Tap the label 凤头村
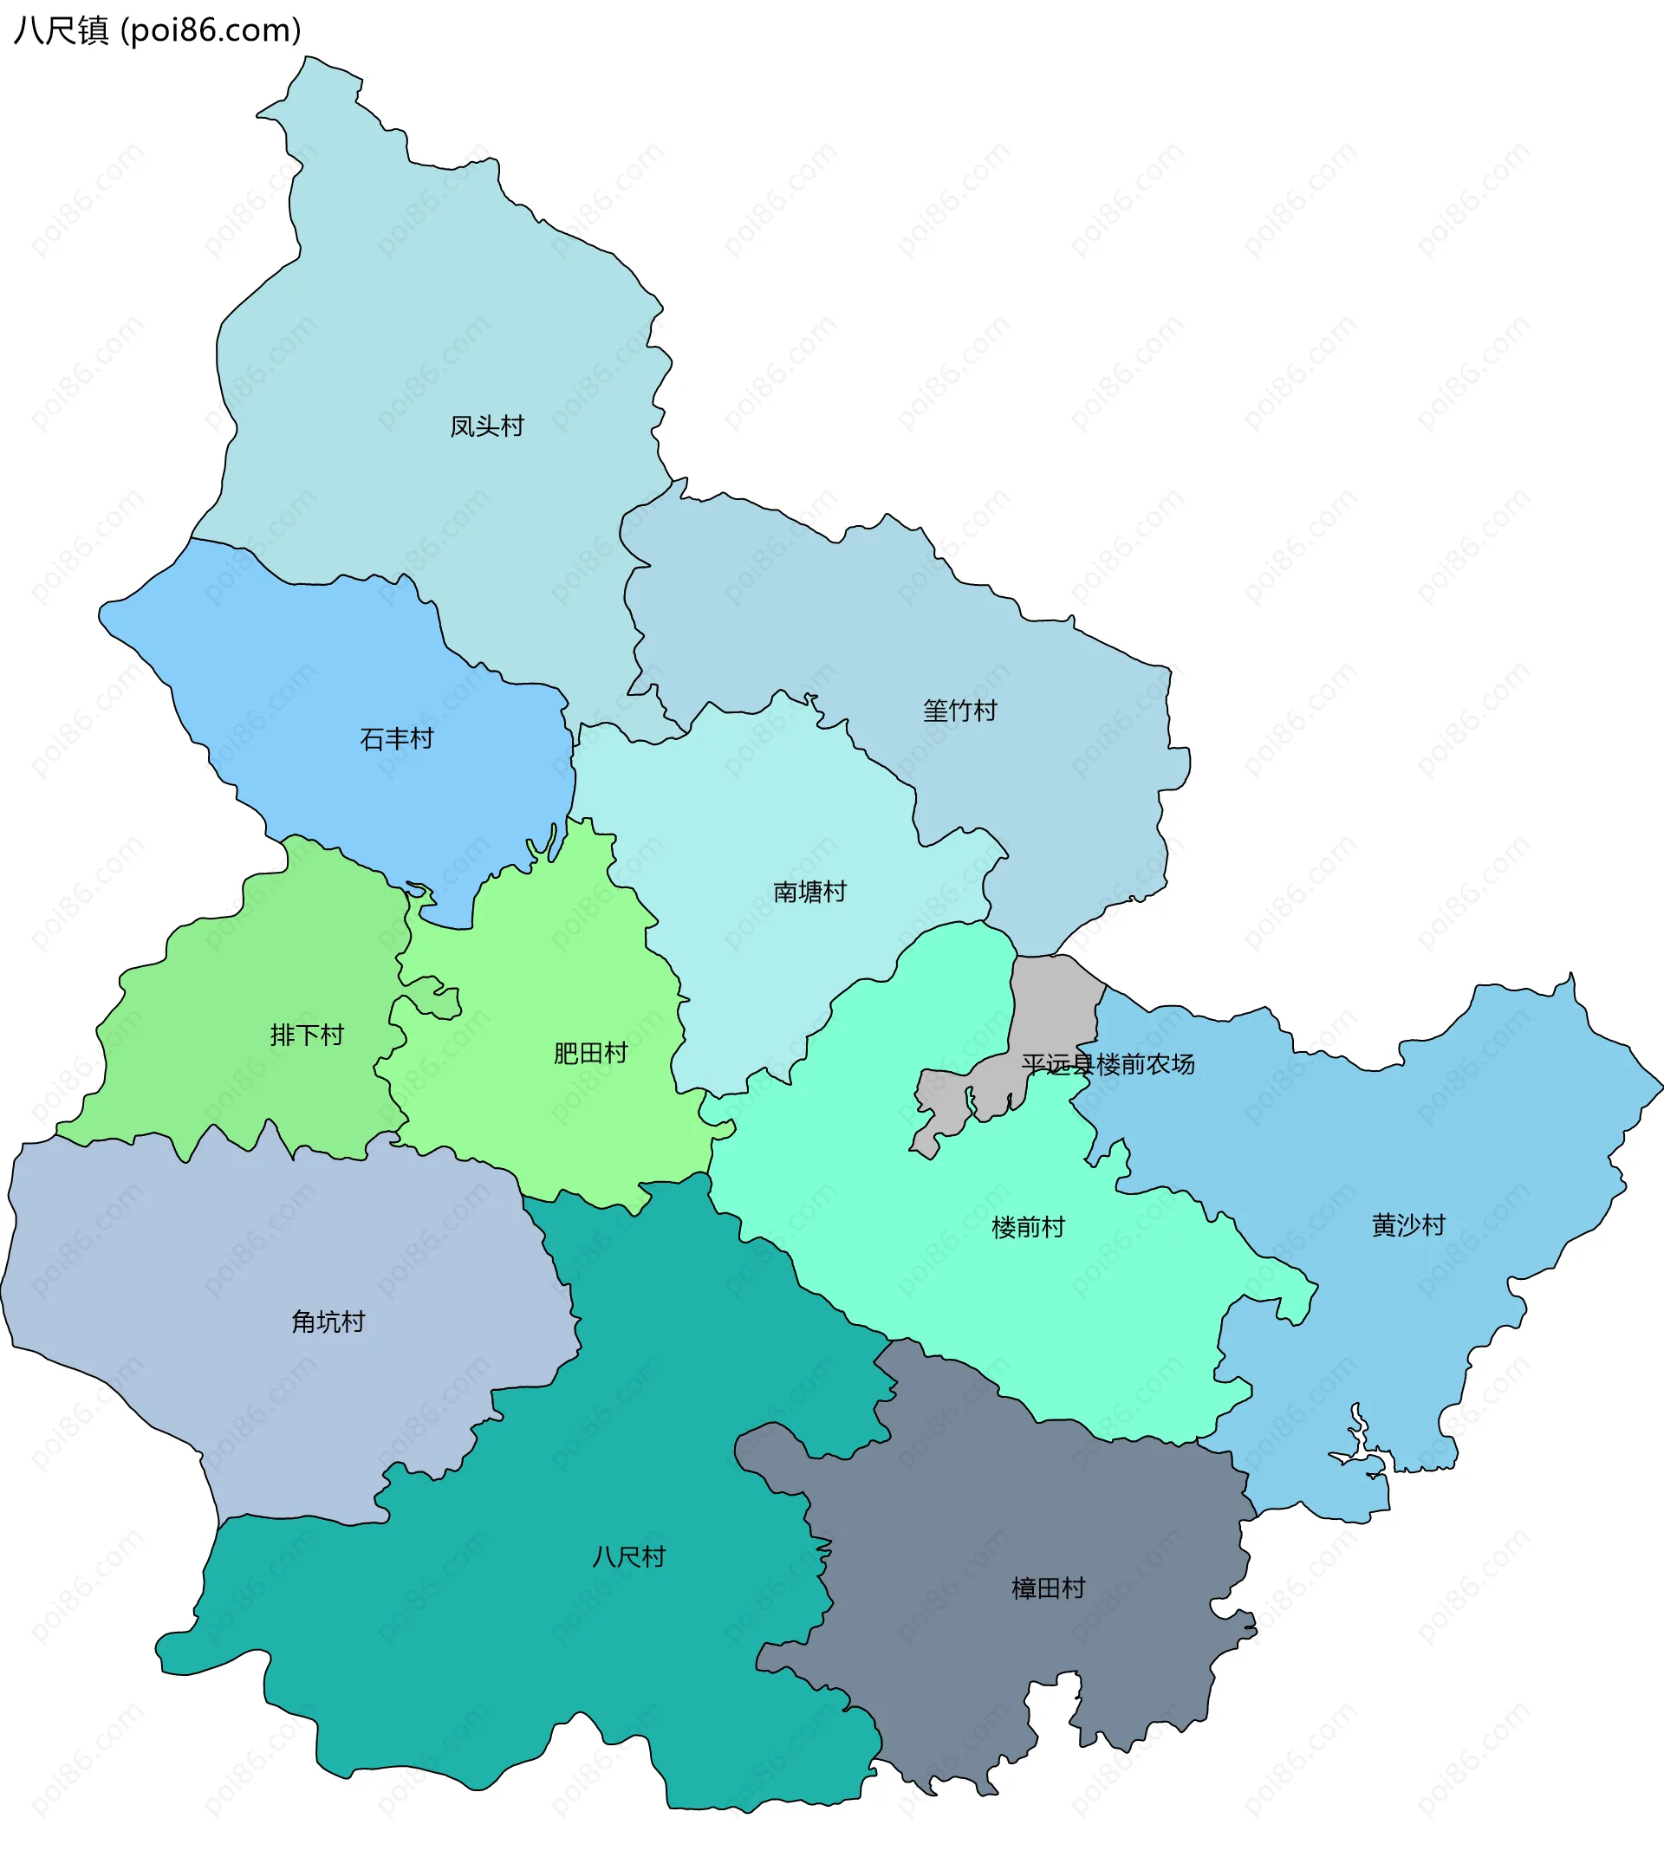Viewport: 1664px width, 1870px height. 487,426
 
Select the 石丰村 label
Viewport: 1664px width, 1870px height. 396,739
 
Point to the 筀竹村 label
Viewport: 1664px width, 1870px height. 959,711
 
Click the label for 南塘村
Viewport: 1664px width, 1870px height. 809,892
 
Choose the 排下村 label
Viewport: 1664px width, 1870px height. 307,1036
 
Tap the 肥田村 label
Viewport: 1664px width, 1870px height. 590,1054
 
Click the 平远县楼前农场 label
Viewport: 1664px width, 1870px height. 1108,1064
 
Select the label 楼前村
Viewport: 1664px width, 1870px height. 1028,1228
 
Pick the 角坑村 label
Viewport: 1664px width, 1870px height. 328,1322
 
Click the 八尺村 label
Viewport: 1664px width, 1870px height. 628,1557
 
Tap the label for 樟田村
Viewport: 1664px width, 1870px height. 1049,1588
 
